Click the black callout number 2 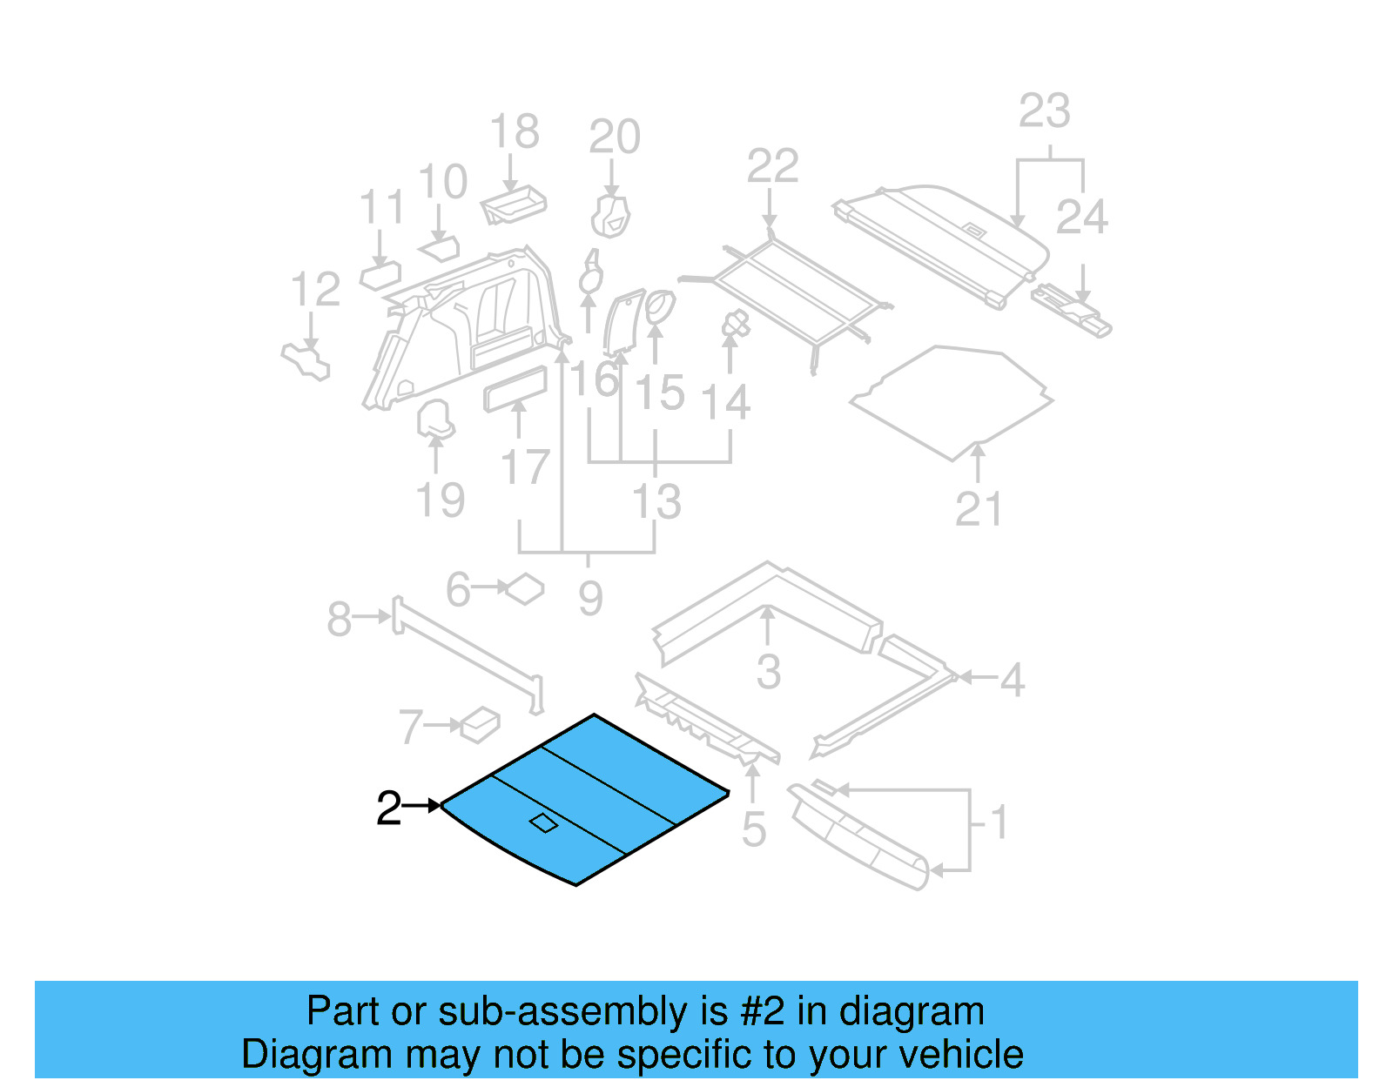pyautogui.click(x=388, y=809)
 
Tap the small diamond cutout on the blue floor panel pyautogui.click(x=543, y=822)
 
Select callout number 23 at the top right pyautogui.click(x=1044, y=111)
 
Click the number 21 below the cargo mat pyautogui.click(x=979, y=509)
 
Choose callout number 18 pyautogui.click(x=514, y=132)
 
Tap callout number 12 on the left pyautogui.click(x=314, y=290)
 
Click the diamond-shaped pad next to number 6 pyautogui.click(x=525, y=589)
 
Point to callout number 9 pyautogui.click(x=590, y=598)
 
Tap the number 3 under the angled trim pyautogui.click(x=768, y=672)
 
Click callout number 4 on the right pyautogui.click(x=1012, y=679)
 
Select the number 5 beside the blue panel pyautogui.click(x=754, y=829)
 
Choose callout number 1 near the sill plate pyautogui.click(x=999, y=822)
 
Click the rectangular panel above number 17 pyautogui.click(x=515, y=388)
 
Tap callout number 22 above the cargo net pyautogui.click(x=772, y=166)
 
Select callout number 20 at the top pyautogui.click(x=614, y=137)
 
